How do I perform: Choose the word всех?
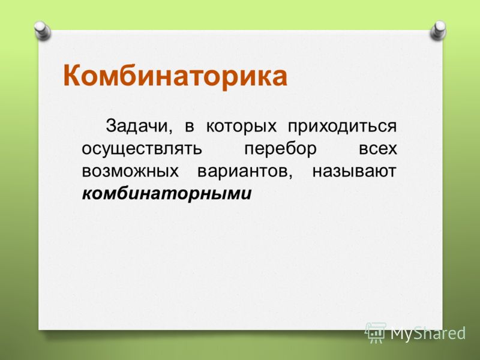click(x=378, y=149)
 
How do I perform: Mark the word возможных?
click(x=130, y=172)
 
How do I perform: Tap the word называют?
click(x=355, y=172)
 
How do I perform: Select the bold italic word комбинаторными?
click(x=167, y=194)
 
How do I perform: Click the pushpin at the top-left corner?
click(x=42, y=31)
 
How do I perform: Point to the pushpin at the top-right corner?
click(x=438, y=31)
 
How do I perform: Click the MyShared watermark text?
click(x=428, y=333)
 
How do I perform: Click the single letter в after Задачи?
click(x=190, y=127)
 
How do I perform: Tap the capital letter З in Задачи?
click(x=112, y=126)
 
